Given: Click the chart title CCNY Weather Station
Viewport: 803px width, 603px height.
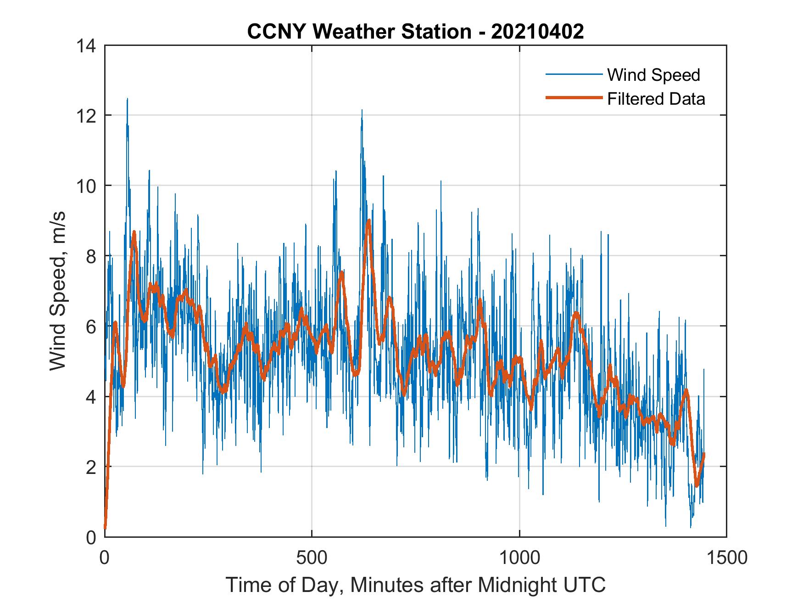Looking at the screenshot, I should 359,32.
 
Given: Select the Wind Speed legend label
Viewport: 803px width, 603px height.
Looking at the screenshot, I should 653,75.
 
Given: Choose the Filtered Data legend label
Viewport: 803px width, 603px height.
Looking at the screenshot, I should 656,99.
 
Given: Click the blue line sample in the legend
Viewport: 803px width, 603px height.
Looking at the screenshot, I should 573,74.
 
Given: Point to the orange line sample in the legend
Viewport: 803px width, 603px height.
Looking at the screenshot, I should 573,98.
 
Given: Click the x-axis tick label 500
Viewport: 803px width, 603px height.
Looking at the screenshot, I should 312,558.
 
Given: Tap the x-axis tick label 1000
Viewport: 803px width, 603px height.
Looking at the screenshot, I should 519,558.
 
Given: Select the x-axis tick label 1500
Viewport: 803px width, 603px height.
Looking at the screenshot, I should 726,558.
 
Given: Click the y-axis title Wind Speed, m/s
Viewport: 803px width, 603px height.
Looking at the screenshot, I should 58,291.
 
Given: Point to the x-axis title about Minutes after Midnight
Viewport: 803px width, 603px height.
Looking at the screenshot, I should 415,585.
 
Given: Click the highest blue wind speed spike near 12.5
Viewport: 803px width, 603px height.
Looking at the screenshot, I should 127,99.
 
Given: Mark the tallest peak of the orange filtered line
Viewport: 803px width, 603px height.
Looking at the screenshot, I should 368,221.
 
